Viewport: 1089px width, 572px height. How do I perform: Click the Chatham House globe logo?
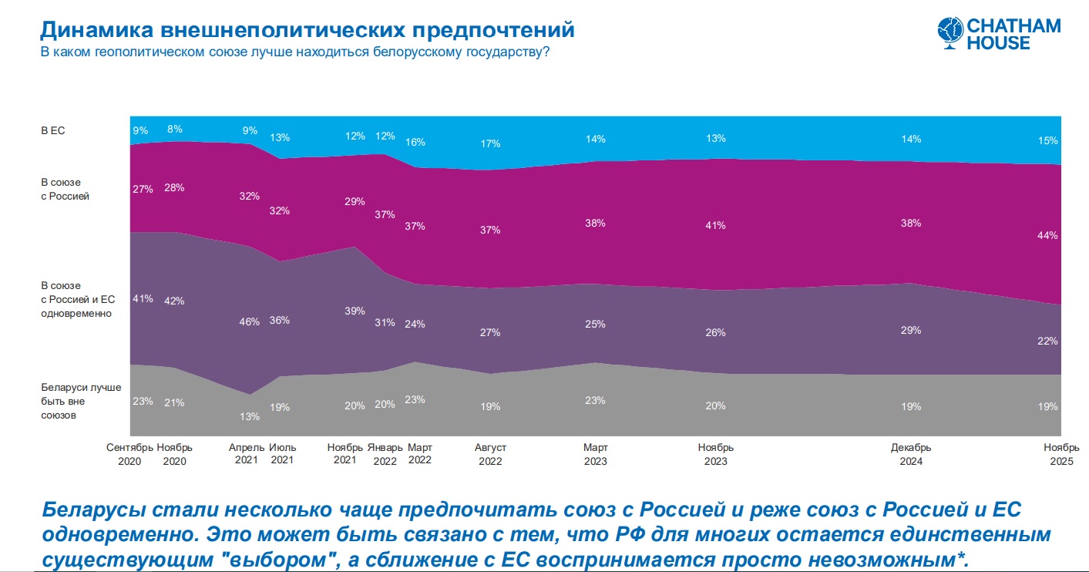tap(950, 34)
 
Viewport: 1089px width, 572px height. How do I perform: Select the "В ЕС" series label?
tap(53, 131)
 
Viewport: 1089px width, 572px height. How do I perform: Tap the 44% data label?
tap(1047, 236)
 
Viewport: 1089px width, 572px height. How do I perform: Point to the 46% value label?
tap(249, 322)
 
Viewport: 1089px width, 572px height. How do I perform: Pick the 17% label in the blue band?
tap(490, 143)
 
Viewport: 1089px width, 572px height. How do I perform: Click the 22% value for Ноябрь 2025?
tap(1047, 341)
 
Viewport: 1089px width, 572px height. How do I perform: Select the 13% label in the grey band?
tap(249, 416)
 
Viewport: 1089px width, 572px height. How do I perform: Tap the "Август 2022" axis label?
tap(490, 454)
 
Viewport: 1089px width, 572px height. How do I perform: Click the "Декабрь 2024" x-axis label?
tap(911, 454)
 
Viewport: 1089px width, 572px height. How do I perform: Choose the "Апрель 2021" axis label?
tap(247, 454)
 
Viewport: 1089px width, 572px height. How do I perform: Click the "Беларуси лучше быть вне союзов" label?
tap(81, 401)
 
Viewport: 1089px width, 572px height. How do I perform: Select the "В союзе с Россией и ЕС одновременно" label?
tap(77, 300)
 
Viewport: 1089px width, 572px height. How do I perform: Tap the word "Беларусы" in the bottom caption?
tap(96, 510)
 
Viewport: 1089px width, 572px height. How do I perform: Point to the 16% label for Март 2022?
tap(415, 142)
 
